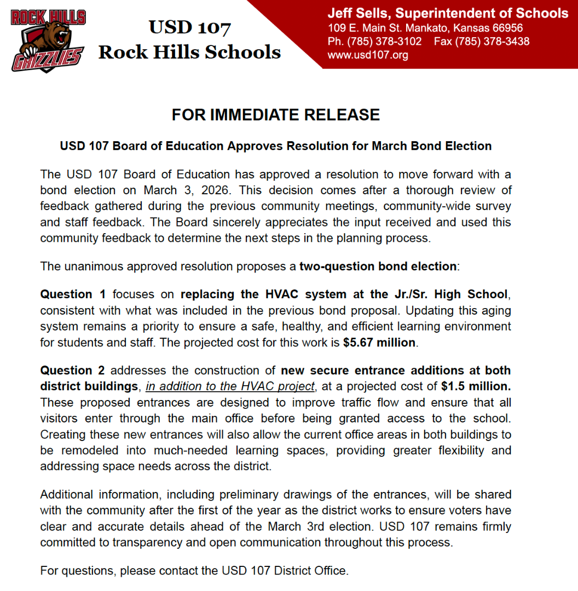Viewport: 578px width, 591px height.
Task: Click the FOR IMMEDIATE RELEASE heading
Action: coord(275,115)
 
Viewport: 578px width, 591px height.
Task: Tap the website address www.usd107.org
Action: coord(367,55)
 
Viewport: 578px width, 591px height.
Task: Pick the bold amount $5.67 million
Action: coord(380,343)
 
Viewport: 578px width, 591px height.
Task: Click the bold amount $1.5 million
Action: coord(476,386)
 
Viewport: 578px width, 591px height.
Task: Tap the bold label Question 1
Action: coord(73,294)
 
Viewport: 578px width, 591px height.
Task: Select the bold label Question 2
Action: coord(73,370)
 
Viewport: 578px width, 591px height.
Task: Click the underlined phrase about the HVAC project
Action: coord(230,386)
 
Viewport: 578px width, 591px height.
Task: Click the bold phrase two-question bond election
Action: coord(378,266)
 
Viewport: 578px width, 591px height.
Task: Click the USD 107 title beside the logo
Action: coord(189,27)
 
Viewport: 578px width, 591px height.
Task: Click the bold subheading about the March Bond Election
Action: coord(275,146)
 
